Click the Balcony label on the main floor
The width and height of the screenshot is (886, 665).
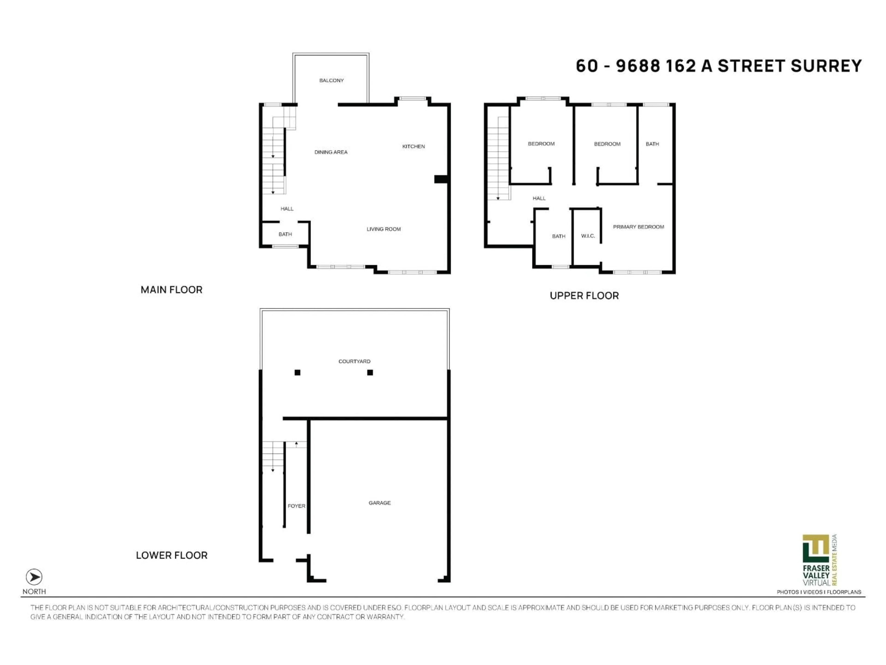(x=331, y=81)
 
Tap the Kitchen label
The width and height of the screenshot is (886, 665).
(x=413, y=147)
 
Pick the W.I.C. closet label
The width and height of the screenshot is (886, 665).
(x=588, y=236)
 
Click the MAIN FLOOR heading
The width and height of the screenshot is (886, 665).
(x=171, y=290)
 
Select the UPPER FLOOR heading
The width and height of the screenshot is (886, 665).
(x=584, y=296)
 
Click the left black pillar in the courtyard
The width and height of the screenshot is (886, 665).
(x=297, y=373)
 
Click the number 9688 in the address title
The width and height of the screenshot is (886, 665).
(x=638, y=66)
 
